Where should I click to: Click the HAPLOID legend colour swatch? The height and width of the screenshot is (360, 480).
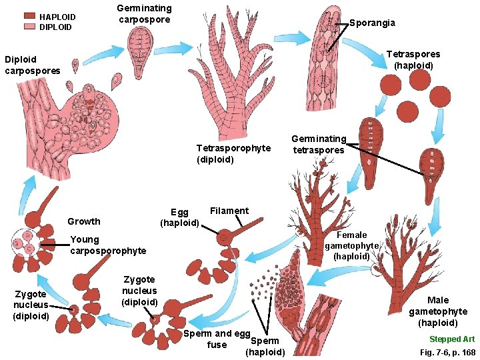pos(29,16)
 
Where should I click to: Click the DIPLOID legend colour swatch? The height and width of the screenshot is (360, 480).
pos(29,27)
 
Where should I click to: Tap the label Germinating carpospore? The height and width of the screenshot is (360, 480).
pos(144,13)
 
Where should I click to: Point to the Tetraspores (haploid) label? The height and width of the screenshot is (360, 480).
pos(413,60)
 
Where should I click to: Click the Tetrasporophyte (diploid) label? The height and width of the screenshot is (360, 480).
pos(233,153)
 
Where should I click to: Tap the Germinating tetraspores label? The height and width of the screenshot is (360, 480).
pos(319,144)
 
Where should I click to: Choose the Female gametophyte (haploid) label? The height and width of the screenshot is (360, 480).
pos(351,245)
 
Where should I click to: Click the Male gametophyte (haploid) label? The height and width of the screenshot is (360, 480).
pos(438,311)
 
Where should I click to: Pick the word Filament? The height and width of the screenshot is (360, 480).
pos(229,211)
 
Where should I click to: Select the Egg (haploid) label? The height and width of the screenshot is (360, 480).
pos(179,217)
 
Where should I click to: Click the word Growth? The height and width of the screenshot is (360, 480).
pos(84,221)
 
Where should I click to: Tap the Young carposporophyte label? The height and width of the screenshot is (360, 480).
pos(107,245)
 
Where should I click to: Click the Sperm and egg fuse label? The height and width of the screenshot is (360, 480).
pos(217,339)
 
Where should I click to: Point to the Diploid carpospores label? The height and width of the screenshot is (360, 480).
pos(32,65)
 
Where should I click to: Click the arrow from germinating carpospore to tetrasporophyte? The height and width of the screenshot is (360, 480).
pos(175,49)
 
